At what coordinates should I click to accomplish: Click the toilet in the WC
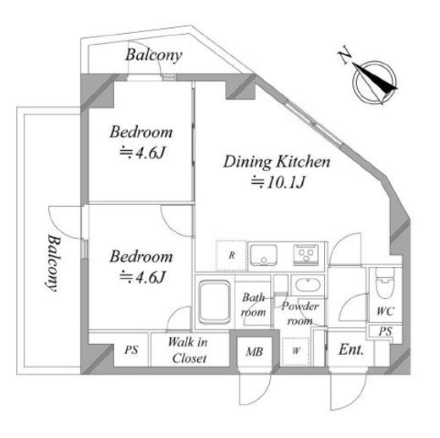click(385, 283)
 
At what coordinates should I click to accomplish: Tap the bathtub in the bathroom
click(214, 302)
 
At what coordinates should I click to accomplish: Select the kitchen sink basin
click(263, 255)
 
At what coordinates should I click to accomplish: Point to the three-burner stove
click(305, 255)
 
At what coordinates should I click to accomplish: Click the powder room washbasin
click(308, 285)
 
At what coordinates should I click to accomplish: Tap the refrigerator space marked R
click(231, 256)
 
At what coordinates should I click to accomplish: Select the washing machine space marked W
click(295, 351)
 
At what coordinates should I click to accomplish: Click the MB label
click(255, 352)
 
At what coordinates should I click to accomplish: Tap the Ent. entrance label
click(351, 350)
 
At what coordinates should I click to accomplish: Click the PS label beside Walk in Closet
click(131, 350)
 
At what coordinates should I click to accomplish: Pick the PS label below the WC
click(385, 331)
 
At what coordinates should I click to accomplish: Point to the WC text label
click(385, 311)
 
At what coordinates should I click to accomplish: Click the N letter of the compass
click(344, 57)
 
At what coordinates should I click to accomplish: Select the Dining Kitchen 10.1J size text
click(278, 182)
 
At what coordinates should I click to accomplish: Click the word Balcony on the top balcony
click(154, 55)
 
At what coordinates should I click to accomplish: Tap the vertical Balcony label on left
click(53, 263)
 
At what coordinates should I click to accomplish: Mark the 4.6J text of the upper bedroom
click(142, 152)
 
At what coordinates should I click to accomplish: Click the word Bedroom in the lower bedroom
click(141, 257)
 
